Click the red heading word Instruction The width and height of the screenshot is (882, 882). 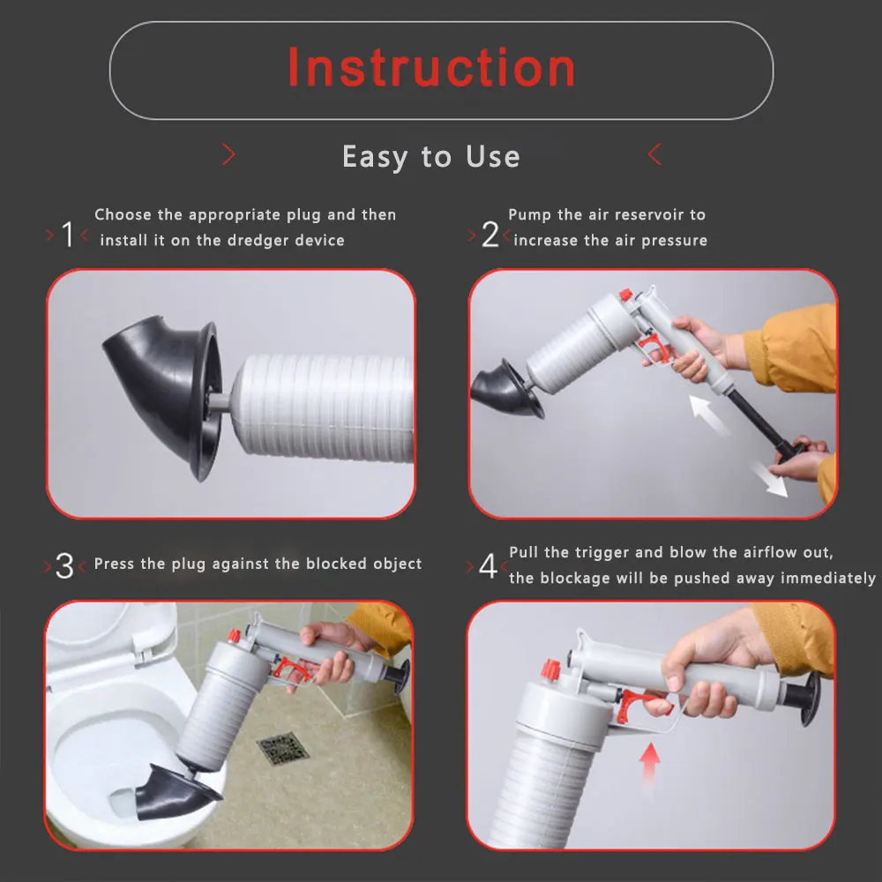tap(431, 68)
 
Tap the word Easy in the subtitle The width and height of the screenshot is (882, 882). tap(375, 157)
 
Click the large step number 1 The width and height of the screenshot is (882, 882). tap(68, 234)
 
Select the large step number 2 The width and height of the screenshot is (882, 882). tap(490, 234)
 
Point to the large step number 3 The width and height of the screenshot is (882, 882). tap(64, 566)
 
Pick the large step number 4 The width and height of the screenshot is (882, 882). tap(488, 566)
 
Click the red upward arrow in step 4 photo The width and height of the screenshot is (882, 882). tap(650, 763)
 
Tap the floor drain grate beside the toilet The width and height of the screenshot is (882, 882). tap(282, 748)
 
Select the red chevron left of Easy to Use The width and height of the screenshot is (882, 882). tap(228, 154)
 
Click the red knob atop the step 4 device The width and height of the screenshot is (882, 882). tap(550, 670)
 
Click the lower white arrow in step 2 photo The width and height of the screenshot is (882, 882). tap(769, 479)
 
